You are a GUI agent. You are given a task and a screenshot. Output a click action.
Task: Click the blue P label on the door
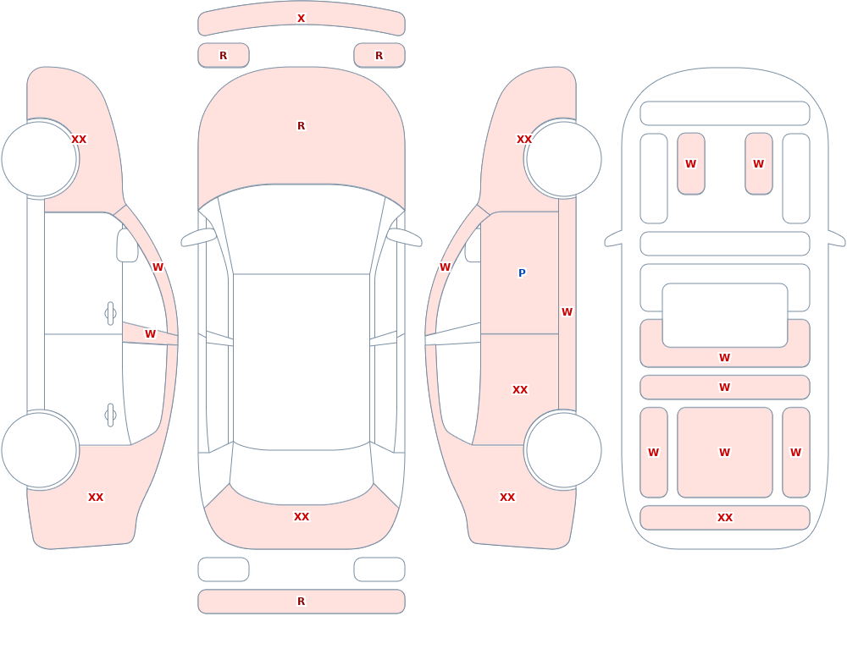[522, 272]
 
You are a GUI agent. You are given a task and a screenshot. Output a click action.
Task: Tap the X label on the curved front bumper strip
[302, 19]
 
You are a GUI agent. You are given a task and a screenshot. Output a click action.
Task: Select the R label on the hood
[302, 126]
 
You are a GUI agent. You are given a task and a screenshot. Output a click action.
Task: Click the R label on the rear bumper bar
[302, 602]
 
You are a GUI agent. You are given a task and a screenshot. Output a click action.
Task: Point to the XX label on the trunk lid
[302, 517]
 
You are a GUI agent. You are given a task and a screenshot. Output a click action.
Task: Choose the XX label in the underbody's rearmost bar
[725, 518]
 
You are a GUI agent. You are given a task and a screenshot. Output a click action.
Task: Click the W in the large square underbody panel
[725, 453]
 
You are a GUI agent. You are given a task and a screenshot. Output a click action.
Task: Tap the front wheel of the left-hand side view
[39, 159]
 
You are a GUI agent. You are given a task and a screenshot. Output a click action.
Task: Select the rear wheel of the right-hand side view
[564, 450]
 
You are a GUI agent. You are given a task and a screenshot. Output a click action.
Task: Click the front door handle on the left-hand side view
[110, 314]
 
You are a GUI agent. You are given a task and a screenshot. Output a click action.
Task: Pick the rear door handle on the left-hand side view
[110, 415]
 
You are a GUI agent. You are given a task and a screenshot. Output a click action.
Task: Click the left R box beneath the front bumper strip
[224, 56]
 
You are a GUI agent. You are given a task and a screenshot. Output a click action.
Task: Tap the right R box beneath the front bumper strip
[379, 56]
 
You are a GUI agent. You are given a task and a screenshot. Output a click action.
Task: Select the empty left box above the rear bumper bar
[224, 569]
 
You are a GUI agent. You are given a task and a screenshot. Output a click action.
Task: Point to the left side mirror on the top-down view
[198, 238]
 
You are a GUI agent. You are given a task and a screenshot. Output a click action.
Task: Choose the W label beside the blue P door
[567, 312]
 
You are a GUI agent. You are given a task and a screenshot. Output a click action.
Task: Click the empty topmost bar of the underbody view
[725, 113]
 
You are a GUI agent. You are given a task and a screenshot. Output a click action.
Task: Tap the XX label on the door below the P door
[520, 390]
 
